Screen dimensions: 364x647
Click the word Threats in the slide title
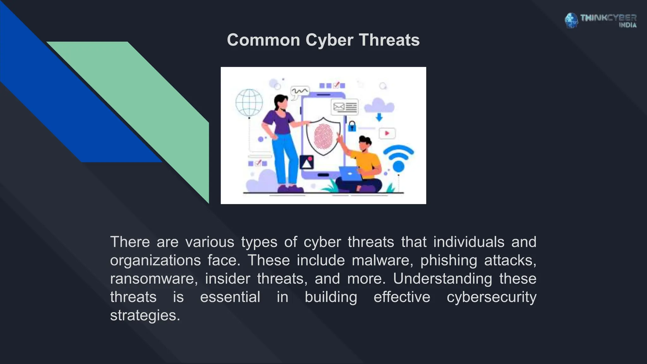(389, 40)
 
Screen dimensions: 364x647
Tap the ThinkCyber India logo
(600, 21)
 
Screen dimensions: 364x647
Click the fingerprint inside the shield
(323, 136)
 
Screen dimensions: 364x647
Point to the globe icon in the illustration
(249, 102)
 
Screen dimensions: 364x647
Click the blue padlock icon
(352, 126)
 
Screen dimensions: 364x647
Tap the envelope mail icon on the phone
(339, 107)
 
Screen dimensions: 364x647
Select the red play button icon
(387, 133)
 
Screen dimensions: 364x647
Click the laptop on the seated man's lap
(350, 173)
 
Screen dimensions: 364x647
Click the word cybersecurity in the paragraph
(491, 297)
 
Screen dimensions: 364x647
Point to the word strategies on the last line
(145, 315)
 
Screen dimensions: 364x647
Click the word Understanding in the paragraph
(443, 279)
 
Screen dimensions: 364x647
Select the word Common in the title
(263, 40)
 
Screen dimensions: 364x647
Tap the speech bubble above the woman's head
(299, 92)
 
